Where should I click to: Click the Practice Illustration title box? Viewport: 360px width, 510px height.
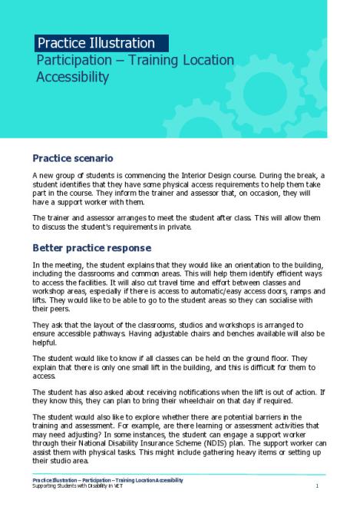[101, 43]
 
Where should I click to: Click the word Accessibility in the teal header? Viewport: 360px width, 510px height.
[73, 77]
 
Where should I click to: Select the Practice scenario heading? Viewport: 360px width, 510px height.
[72, 158]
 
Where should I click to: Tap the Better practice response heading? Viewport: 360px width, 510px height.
[91, 248]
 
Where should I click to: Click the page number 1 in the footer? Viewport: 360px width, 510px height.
[317, 486]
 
